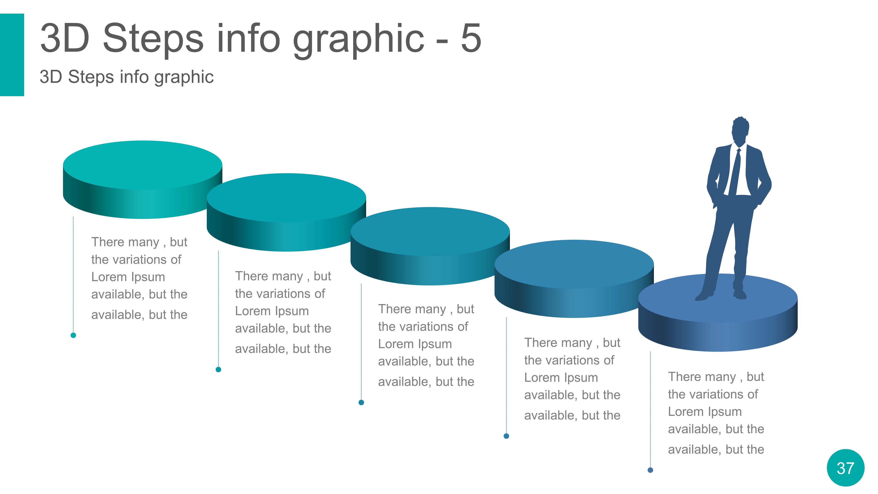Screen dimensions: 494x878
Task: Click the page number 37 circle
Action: [x=845, y=468]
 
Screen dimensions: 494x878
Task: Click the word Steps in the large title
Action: [x=153, y=38]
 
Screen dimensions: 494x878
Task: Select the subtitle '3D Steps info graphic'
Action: [x=126, y=77]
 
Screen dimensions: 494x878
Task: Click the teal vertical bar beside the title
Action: [x=12, y=54]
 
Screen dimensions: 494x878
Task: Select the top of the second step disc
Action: [x=286, y=197]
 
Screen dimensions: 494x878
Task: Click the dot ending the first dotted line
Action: [x=73, y=335]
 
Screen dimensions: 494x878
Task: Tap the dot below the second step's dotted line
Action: [x=218, y=369]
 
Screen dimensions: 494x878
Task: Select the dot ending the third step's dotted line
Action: [x=361, y=402]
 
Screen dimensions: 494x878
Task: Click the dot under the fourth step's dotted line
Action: [x=506, y=436]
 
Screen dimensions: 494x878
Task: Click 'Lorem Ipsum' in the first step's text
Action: [x=128, y=277]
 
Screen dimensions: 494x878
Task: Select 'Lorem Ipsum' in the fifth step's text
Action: [x=705, y=411]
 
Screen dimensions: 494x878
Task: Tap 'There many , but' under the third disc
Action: [x=426, y=309]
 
